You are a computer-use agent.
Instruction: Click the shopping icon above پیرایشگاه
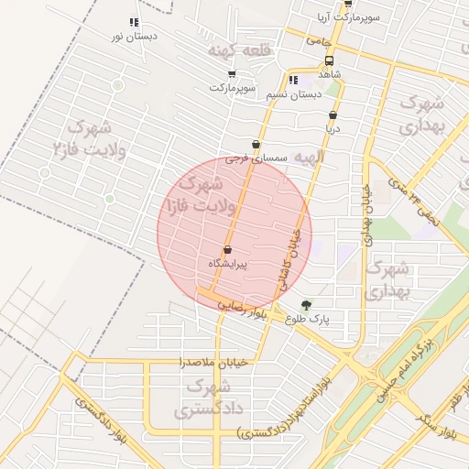(227, 250)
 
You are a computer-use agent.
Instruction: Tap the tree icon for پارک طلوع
(305, 305)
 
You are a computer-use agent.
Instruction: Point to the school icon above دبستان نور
(134, 22)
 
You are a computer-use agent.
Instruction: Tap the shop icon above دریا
(333, 115)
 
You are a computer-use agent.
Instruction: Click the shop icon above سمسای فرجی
(256, 145)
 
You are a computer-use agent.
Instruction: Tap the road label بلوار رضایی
(243, 310)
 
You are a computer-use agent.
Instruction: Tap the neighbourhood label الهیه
(310, 158)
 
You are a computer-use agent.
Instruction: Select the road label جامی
(320, 41)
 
